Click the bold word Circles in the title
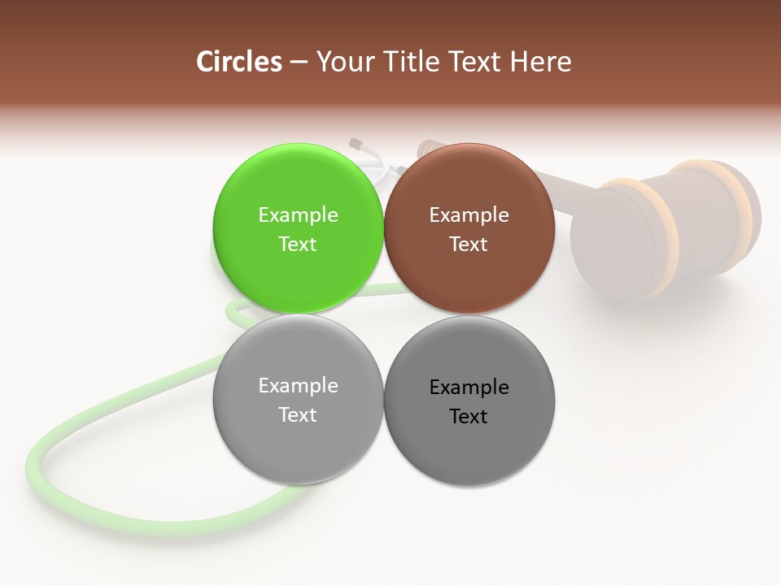238,62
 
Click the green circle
298,268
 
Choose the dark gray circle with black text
469,447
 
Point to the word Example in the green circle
298,214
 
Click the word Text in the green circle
298,244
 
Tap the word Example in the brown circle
469,214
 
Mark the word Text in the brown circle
469,244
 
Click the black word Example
469,387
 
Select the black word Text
469,416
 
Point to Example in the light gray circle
298,385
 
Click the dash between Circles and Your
299,63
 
